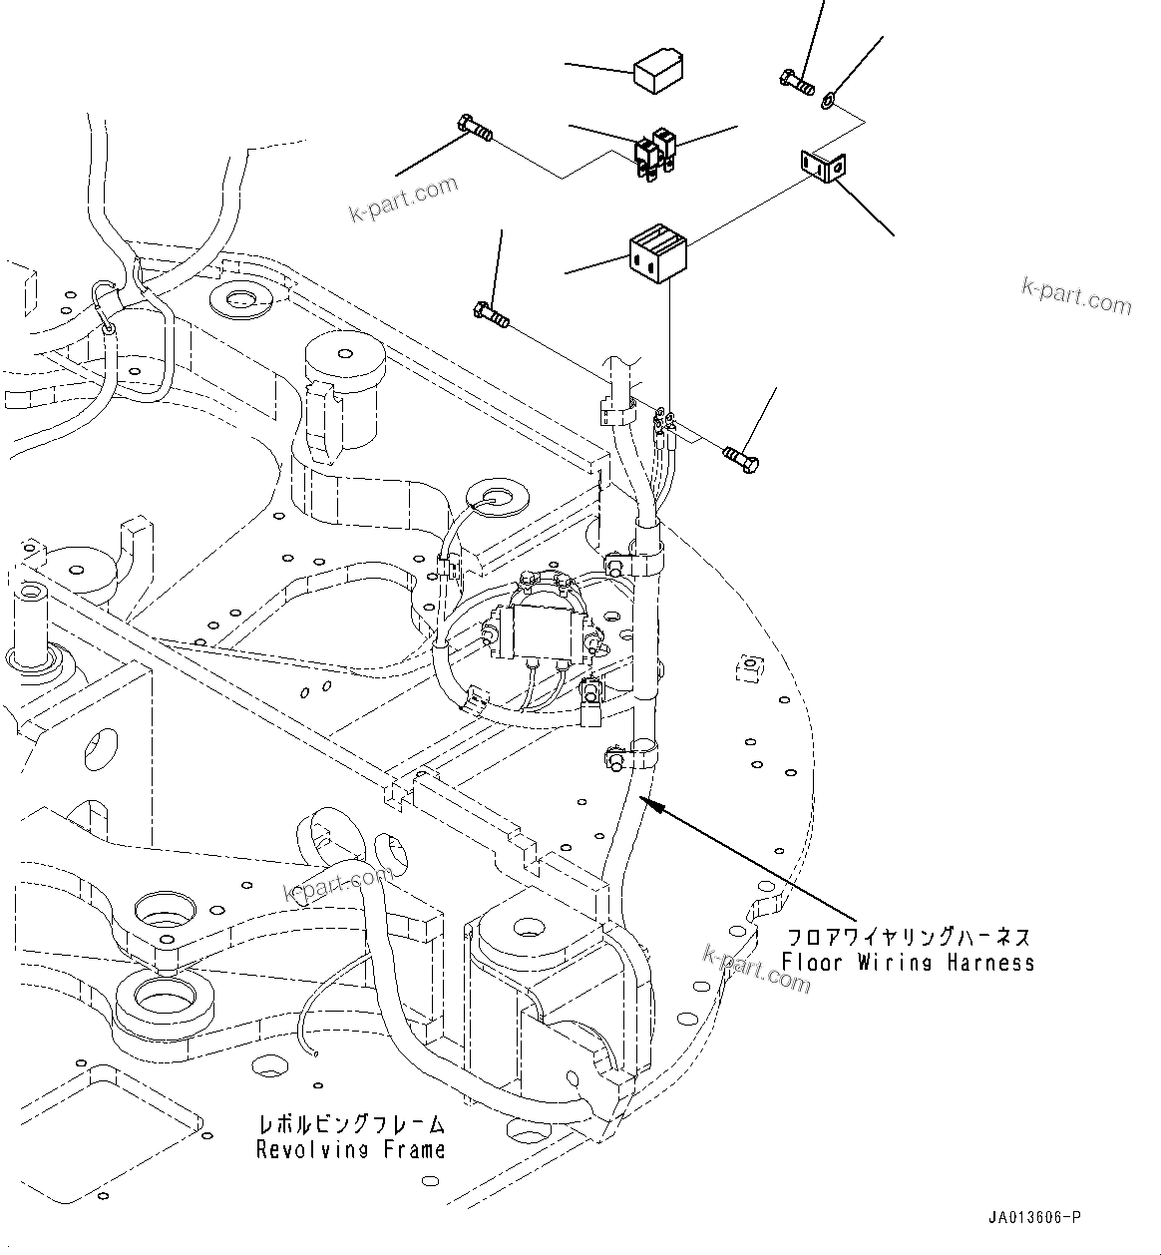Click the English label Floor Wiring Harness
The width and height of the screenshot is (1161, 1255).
pyautogui.click(x=908, y=963)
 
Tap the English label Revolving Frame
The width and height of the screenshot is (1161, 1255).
pyautogui.click(x=350, y=1149)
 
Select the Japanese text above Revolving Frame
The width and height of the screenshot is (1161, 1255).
pyautogui.click(x=350, y=1124)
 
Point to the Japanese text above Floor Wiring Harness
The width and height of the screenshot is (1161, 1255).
pyautogui.click(x=908, y=938)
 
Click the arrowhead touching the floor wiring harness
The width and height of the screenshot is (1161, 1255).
pyautogui.click(x=646, y=800)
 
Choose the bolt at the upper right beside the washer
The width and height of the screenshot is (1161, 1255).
pyautogui.click(x=795, y=82)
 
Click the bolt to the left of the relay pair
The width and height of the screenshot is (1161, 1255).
pyautogui.click(x=475, y=129)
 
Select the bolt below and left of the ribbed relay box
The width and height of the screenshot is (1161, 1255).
pyautogui.click(x=491, y=315)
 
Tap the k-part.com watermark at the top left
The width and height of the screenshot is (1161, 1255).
pyautogui.click(x=403, y=200)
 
